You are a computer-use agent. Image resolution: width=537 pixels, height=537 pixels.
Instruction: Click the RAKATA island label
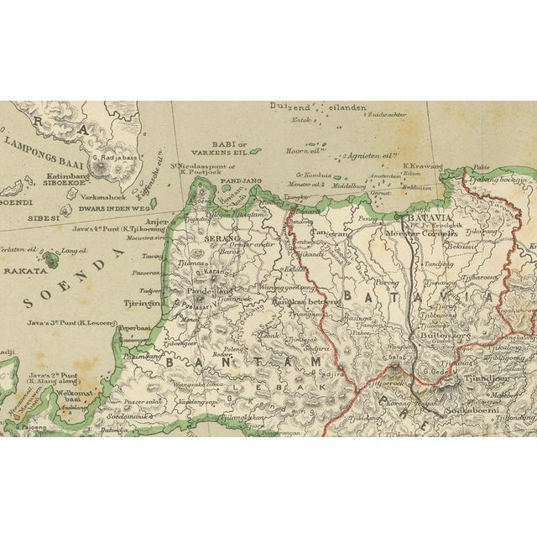tap(23, 271)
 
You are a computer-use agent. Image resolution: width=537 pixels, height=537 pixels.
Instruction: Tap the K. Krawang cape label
tap(420, 166)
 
